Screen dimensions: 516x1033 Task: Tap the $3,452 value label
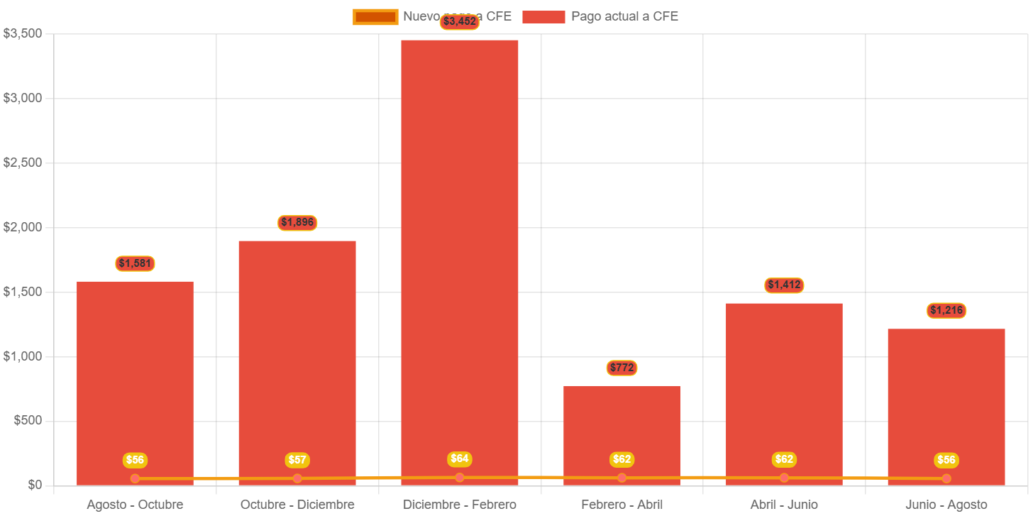(459, 21)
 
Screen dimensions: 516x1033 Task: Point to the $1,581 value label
(135, 263)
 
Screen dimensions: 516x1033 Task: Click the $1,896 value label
(297, 223)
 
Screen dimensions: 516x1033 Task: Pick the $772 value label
(622, 368)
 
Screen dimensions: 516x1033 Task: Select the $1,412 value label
(784, 285)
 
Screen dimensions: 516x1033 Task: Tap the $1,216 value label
(946, 310)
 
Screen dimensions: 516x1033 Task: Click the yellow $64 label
(460, 459)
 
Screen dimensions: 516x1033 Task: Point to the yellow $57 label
(297, 460)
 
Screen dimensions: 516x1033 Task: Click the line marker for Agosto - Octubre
(135, 478)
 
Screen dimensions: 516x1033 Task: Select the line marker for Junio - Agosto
(946, 478)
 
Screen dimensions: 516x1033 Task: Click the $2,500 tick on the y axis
(22, 163)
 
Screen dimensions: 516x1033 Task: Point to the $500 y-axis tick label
(27, 420)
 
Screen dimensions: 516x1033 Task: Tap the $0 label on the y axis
(35, 485)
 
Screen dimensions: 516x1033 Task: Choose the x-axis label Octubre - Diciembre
(297, 505)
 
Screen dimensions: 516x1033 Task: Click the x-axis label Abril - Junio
(784, 505)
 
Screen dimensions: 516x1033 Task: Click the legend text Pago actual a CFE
(624, 16)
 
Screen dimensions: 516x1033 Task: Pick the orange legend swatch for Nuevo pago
(375, 17)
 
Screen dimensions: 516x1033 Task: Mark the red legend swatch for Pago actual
(543, 17)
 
